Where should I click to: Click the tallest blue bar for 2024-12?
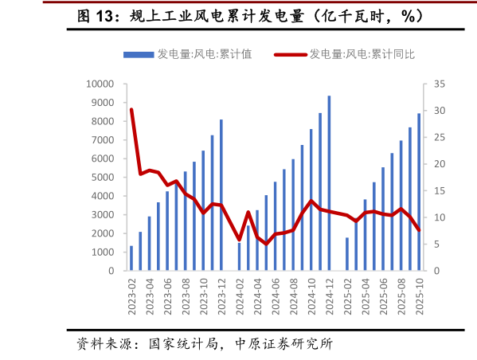329,183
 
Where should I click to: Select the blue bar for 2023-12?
221,195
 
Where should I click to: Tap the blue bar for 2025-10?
420,192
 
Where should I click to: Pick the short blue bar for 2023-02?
131,259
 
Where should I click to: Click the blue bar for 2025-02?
347,254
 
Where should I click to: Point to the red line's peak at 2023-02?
131,110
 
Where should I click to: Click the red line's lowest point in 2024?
267,244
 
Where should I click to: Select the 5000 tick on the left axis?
103,178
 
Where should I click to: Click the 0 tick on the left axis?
111,271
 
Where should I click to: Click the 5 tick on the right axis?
437,245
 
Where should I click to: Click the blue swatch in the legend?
138,55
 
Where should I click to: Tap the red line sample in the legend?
290,55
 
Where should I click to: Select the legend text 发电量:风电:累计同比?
362,55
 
